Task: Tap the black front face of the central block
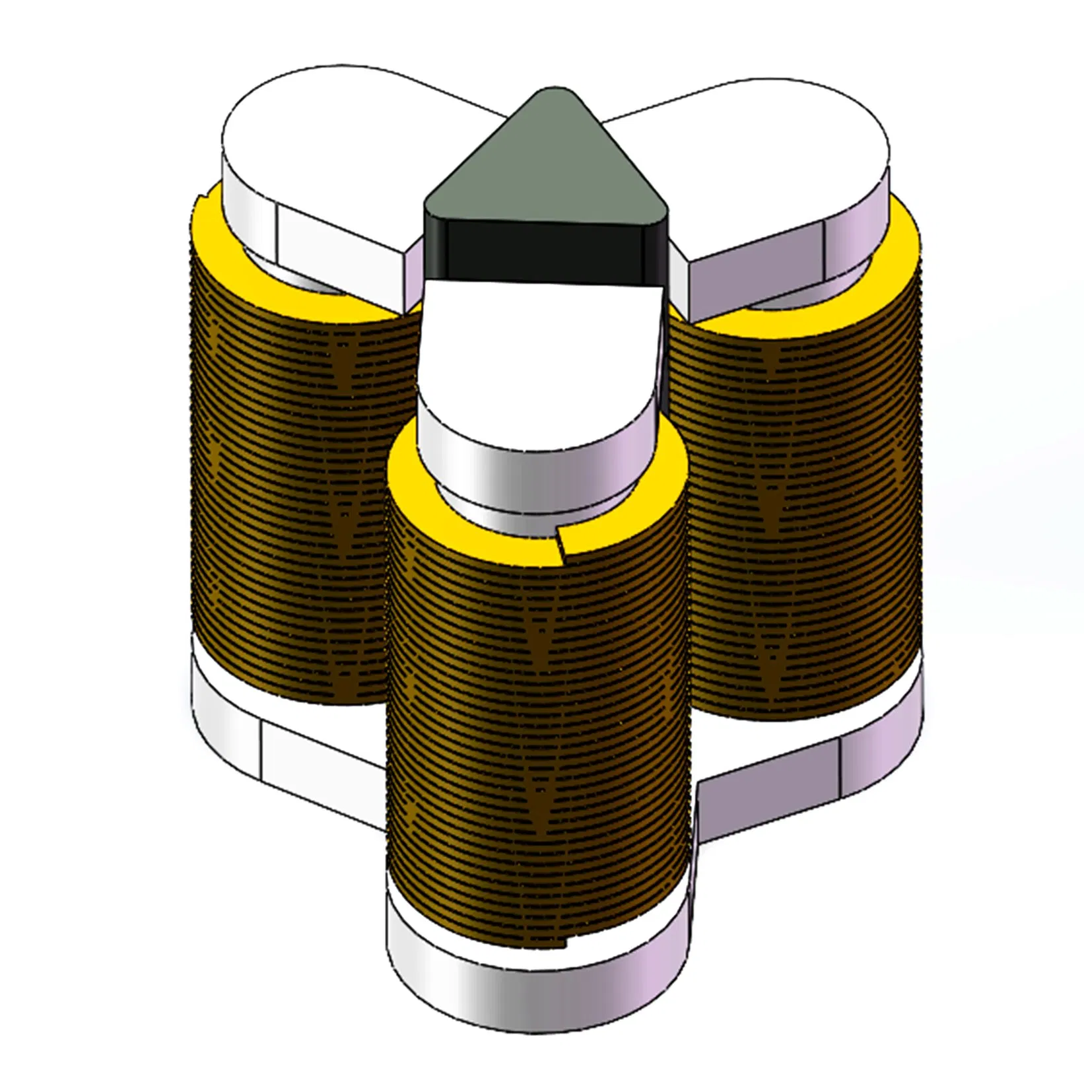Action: pyautogui.click(x=541, y=250)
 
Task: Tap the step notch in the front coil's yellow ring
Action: pyautogui.click(x=560, y=541)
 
